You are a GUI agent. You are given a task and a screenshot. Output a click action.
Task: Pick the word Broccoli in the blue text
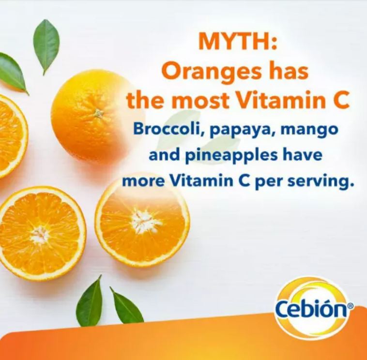pos(168,129)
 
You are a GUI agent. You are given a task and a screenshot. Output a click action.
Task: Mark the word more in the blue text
pos(143,182)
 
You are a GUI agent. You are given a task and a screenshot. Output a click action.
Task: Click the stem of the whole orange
pos(99,113)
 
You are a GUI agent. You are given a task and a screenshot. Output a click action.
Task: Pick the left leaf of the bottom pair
pos(90,302)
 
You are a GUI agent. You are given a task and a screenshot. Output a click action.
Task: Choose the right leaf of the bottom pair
pos(126,306)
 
